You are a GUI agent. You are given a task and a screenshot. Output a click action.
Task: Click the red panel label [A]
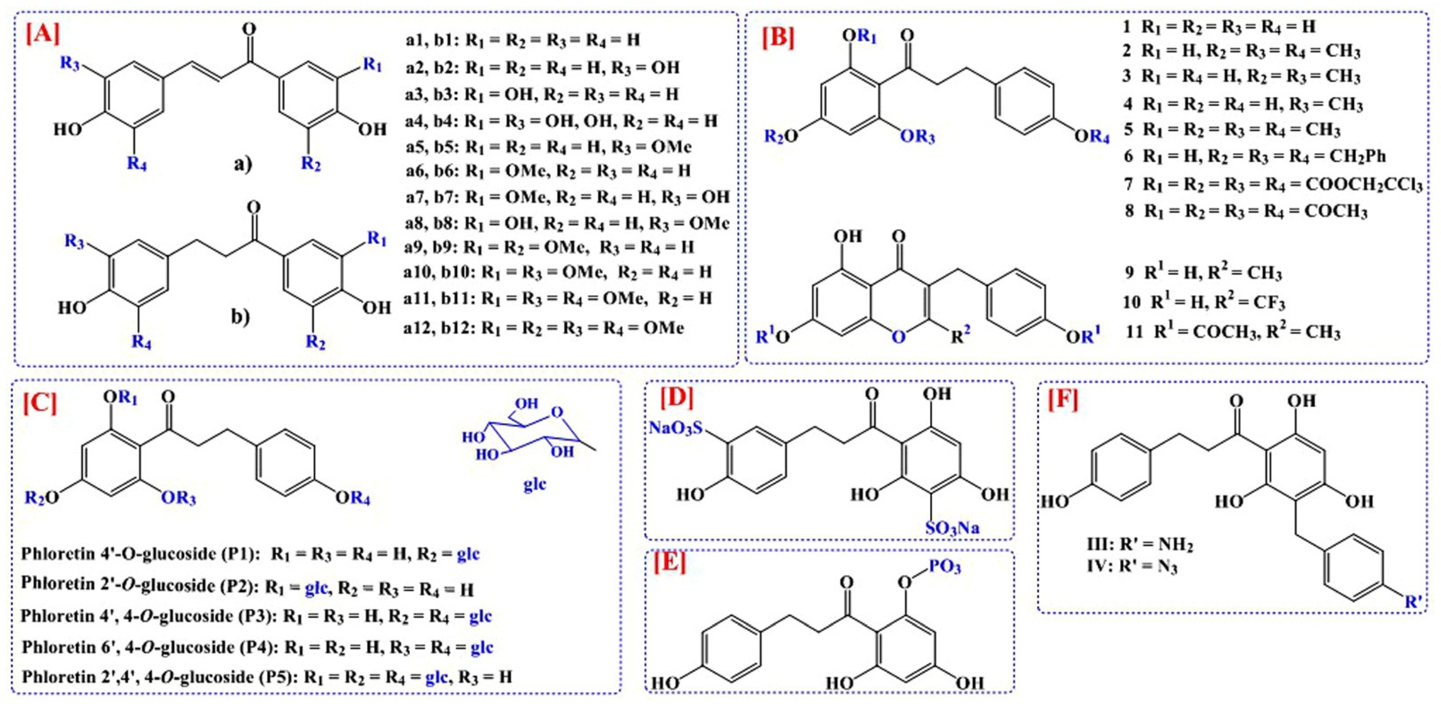pos(42,35)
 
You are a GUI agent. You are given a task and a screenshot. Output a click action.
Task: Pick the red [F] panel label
pos(1063,401)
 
